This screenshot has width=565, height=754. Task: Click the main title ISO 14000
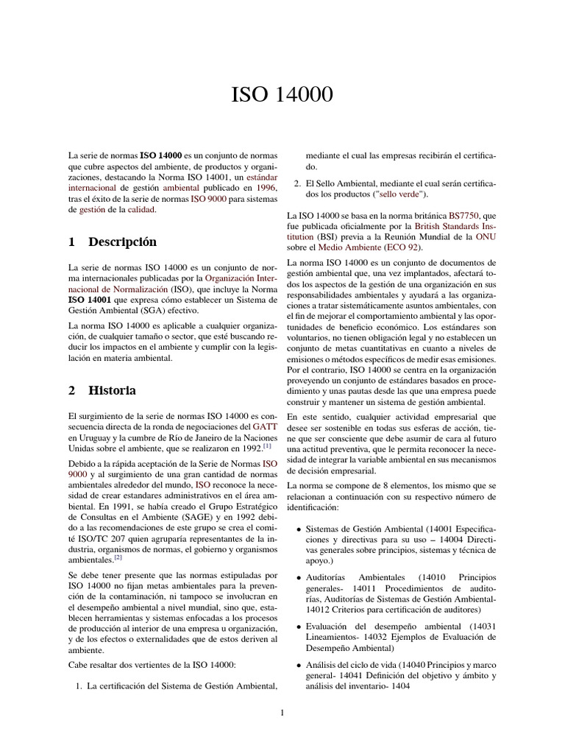point(282,96)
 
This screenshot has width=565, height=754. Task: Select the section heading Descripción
point(122,242)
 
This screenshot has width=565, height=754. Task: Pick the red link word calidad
point(142,210)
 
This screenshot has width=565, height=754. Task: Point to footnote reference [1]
point(267,445)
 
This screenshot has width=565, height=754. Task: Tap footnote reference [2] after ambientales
point(117,558)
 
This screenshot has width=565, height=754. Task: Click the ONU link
point(486,237)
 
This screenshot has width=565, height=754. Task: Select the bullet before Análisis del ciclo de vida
point(296,664)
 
